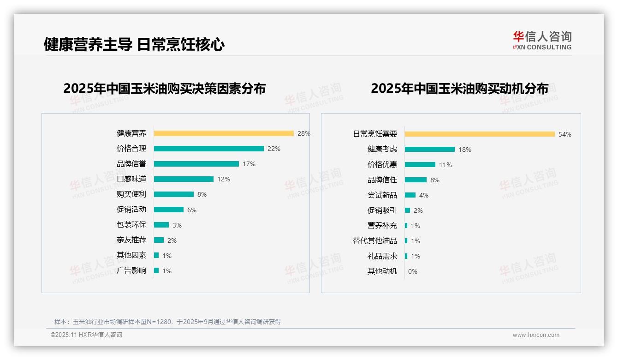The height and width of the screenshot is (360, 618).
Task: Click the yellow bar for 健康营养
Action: tap(224, 133)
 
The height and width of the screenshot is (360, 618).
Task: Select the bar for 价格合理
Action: tap(208, 149)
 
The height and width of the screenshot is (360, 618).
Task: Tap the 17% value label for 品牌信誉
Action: tap(249, 164)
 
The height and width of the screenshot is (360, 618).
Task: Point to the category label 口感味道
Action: tap(131, 179)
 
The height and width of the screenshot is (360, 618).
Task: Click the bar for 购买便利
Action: tap(174, 194)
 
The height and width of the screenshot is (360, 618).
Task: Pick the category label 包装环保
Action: tap(131, 225)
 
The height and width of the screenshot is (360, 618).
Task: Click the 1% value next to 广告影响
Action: tap(166, 271)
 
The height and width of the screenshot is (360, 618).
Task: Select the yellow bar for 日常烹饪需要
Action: tap(480, 134)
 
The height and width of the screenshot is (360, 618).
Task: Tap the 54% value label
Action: tap(565, 134)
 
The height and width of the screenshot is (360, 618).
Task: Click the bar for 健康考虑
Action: tap(430, 150)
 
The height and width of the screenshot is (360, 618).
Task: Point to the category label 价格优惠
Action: tap(382, 165)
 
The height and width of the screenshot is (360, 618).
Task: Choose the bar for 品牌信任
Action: tap(416, 180)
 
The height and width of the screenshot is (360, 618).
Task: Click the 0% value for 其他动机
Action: tap(412, 271)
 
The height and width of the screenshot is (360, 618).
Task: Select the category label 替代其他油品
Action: tap(375, 241)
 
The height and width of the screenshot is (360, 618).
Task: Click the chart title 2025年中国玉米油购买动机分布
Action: tap(459, 89)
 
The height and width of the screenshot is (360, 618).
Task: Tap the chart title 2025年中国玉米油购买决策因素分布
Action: tap(165, 89)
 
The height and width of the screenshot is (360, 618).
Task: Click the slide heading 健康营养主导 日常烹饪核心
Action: tap(134, 44)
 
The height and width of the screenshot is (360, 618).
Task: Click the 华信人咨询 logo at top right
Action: tap(542, 40)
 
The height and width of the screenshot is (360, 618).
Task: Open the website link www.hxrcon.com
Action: tap(536, 335)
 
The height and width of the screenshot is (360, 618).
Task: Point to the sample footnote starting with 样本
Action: tap(167, 322)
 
